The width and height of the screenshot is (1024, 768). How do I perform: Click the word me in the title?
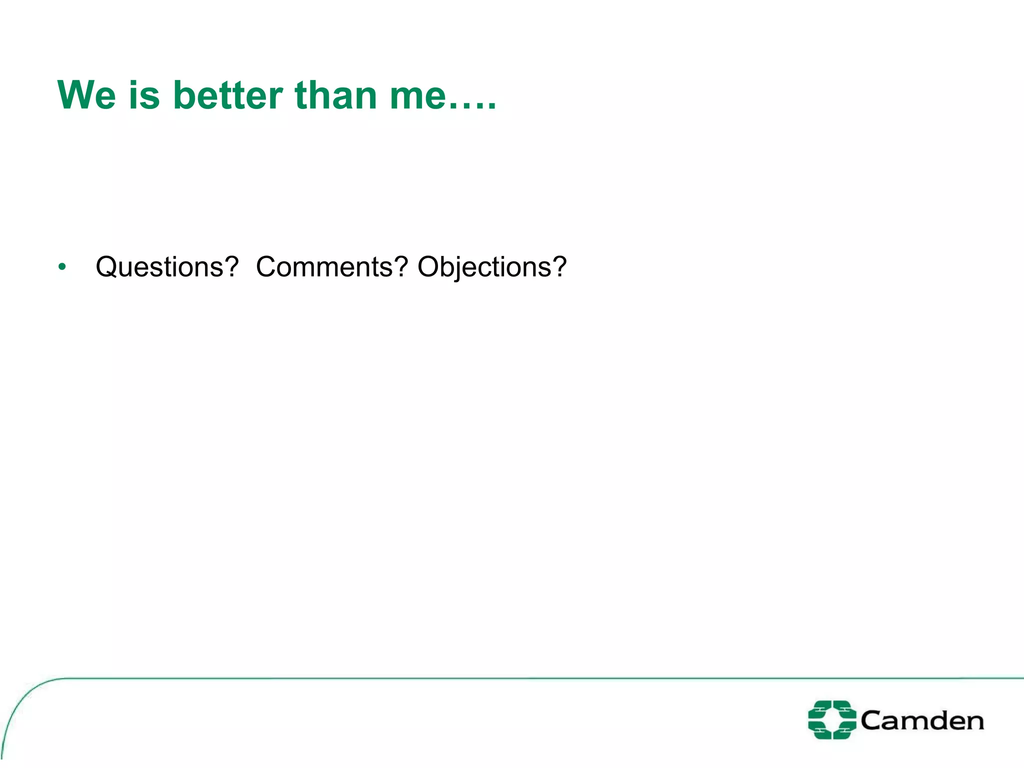(417, 96)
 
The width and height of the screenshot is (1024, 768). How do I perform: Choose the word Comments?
(324, 266)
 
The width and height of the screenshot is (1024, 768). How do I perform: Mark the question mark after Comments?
(401, 266)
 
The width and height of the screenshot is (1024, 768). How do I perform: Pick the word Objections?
(483, 266)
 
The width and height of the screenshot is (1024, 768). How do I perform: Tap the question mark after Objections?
(559, 266)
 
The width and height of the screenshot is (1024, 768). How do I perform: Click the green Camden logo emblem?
(832, 720)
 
